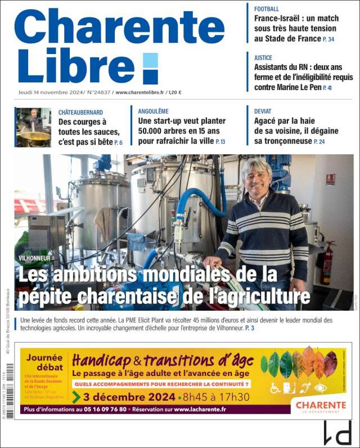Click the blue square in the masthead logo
pyautogui.click(x=150, y=68)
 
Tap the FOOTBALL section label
pyautogui.click(x=266, y=9)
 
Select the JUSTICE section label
pyautogui.click(x=263, y=57)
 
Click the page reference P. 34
pyautogui.click(x=328, y=39)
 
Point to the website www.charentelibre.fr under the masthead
pyautogui.click(x=139, y=92)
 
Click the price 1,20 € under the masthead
pyautogui.click(x=175, y=92)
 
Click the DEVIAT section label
pyautogui.click(x=263, y=111)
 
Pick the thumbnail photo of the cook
pyautogui.click(x=33, y=127)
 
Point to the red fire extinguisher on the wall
pyautogui.click(x=326, y=265)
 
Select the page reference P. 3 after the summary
pyautogui.click(x=250, y=328)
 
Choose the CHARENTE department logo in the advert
pyautogui.click(x=321, y=406)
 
